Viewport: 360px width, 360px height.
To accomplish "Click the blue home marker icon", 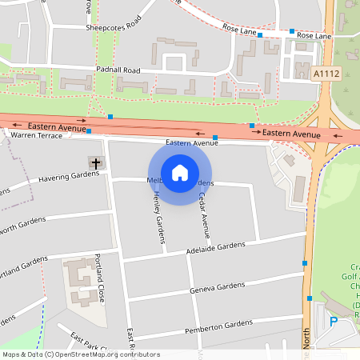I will pyautogui.click(x=180, y=172).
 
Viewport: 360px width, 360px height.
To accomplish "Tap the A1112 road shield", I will pyautogui.click(x=325, y=73).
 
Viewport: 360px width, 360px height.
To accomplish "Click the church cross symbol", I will pyautogui.click(x=96, y=163).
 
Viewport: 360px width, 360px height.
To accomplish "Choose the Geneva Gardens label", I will pyautogui.click(x=217, y=286).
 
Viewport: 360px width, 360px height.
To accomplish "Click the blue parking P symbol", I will pyautogui.click(x=334, y=322).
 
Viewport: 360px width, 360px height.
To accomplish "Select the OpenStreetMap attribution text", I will pyautogui.click(x=80, y=354).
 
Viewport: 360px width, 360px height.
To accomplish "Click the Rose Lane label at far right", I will pyautogui.click(x=314, y=36).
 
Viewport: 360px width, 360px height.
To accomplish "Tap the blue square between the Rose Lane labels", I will pyautogui.click(x=260, y=34).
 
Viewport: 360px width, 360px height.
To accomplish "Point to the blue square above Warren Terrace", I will pyautogui.click(x=89, y=130).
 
